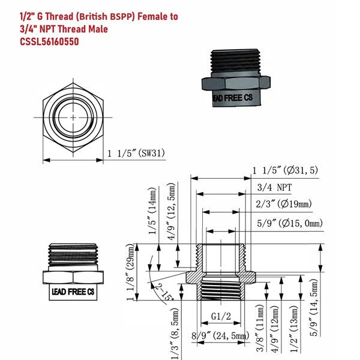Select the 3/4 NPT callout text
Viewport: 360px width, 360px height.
(275, 187)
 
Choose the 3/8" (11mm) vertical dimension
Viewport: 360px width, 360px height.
(260, 327)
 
